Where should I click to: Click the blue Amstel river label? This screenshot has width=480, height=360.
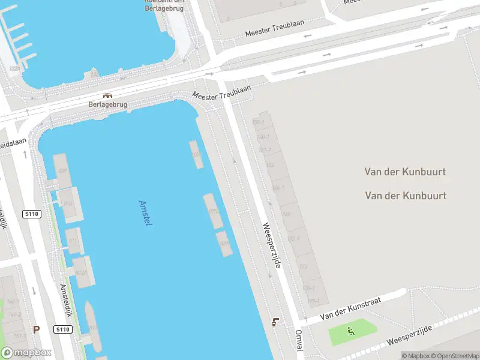click(x=145, y=213)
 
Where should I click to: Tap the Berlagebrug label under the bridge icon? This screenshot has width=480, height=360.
click(x=109, y=104)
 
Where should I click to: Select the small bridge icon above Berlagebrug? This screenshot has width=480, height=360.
click(x=108, y=95)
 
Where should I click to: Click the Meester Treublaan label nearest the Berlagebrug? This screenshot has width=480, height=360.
click(x=221, y=92)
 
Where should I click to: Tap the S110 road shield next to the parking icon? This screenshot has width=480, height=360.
click(x=63, y=329)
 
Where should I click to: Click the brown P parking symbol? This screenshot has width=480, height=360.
click(x=36, y=329)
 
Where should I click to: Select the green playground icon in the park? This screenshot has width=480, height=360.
click(x=351, y=331)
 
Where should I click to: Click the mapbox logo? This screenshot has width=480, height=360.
click(x=26, y=353)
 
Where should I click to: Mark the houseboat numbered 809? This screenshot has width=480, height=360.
click(x=62, y=170)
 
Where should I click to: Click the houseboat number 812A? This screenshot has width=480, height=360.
click(x=82, y=273)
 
